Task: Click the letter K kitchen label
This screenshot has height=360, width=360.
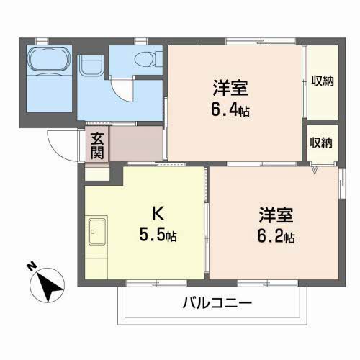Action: pyautogui.click(x=157, y=214)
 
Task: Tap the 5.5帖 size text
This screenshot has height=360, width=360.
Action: pyautogui.click(x=159, y=235)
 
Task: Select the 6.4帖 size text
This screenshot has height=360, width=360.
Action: pyautogui.click(x=230, y=111)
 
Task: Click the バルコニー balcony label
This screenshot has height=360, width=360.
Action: pyautogui.click(x=215, y=303)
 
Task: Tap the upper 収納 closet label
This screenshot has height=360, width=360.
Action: pyautogui.click(x=322, y=81)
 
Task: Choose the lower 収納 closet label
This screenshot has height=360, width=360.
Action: pyautogui.click(x=321, y=142)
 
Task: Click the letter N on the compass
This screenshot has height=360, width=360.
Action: pyautogui.click(x=31, y=267)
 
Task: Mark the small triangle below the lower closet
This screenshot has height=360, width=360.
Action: pyautogui.click(x=315, y=170)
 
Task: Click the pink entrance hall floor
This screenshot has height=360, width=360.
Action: pyautogui.click(x=133, y=143)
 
